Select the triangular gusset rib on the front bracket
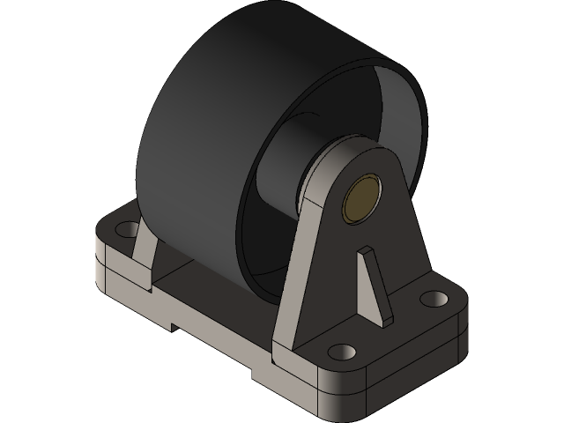pos(373,282)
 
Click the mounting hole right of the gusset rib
pos(433,299)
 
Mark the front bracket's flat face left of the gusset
pos(330,282)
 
